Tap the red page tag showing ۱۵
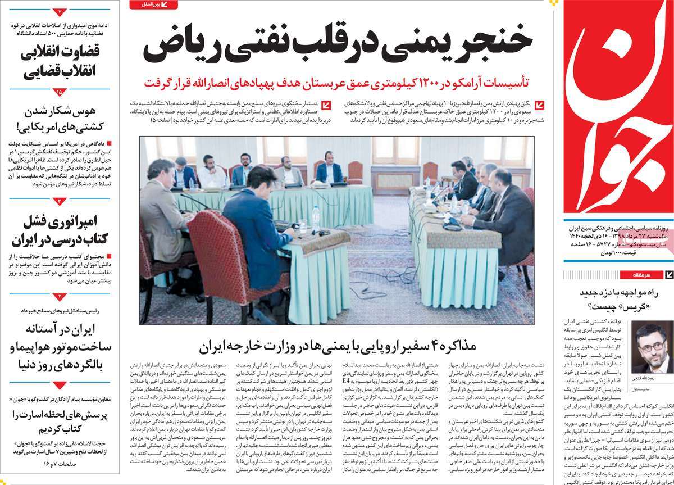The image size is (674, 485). point(60,91)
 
